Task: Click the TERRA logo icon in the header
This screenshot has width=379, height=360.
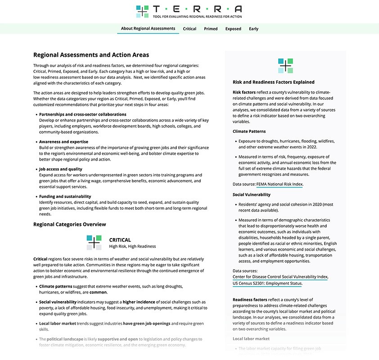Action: [143, 11]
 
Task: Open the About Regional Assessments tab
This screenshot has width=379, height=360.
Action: [148, 29]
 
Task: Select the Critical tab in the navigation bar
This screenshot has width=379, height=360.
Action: [189, 29]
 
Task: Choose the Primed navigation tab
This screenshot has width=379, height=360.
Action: [211, 29]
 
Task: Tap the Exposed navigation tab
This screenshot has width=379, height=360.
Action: [233, 29]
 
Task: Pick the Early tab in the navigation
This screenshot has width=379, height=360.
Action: [254, 29]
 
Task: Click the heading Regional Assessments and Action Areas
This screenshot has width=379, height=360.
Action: [91, 55]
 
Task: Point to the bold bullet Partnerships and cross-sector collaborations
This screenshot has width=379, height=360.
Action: [82, 114]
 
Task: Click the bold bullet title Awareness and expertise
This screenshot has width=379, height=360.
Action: [63, 142]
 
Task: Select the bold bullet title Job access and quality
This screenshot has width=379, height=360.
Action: [61, 169]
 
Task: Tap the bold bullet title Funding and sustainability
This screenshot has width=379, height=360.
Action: [65, 197]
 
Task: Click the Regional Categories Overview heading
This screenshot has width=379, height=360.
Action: [69, 224]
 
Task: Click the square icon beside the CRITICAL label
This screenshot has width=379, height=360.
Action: [94, 243]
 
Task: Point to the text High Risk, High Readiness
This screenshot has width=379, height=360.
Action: [132, 247]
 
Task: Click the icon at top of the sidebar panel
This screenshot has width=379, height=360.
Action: [285, 66]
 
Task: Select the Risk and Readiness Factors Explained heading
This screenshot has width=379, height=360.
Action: [273, 82]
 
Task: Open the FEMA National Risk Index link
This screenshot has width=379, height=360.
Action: [280, 184]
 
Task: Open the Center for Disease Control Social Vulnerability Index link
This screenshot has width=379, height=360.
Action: [280, 277]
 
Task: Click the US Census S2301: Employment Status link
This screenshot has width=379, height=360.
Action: [267, 283]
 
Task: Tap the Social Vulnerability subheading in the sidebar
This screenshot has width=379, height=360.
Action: [252, 194]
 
